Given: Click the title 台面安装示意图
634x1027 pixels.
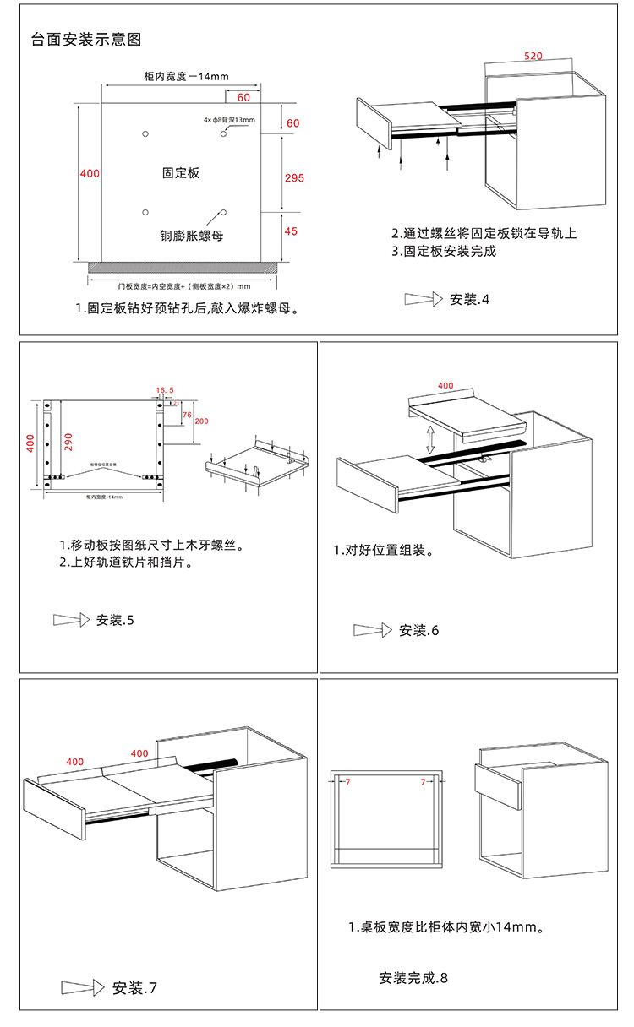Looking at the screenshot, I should (x=85, y=40).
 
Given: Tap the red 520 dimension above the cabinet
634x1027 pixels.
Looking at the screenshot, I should (x=533, y=57).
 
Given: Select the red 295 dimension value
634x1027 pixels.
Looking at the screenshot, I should (x=294, y=178).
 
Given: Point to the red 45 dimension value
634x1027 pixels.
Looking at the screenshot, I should (x=292, y=231).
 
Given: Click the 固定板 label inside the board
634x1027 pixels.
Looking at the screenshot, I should (x=181, y=172).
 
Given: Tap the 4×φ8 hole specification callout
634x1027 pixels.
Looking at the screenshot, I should (x=228, y=120).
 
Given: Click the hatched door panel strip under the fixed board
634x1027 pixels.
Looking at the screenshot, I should (x=183, y=267).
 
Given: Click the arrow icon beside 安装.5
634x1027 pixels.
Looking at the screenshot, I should (x=71, y=620).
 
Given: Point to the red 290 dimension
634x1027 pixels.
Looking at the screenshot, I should (x=68, y=442).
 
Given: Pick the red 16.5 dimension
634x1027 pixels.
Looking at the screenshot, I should (x=165, y=390).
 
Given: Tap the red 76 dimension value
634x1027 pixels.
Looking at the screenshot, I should (x=187, y=415).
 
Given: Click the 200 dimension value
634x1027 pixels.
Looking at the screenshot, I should (x=201, y=421).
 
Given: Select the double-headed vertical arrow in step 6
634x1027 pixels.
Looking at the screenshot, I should (x=430, y=440).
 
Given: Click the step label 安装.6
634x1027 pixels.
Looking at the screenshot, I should (x=418, y=630).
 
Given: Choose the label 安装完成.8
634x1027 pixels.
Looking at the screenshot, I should (x=413, y=978).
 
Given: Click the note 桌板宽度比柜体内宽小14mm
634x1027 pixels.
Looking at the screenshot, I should (x=445, y=927).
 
